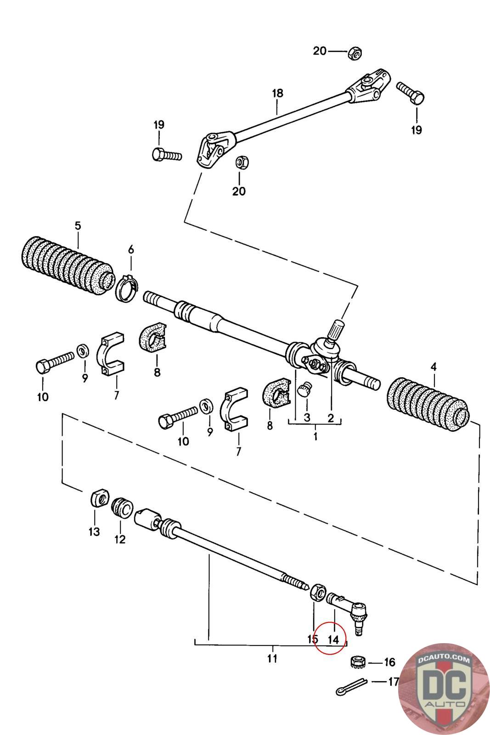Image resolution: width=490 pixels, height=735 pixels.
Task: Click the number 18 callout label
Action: [277, 93]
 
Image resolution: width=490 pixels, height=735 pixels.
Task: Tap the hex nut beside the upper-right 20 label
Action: [355, 53]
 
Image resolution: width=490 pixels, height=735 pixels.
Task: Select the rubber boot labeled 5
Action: [67, 266]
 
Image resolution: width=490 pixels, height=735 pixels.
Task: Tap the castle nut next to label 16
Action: [358, 661]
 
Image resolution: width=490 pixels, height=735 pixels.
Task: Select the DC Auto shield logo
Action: [444, 689]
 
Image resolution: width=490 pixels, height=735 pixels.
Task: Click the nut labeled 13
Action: [100, 498]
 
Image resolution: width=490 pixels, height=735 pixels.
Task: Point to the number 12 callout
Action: [120, 539]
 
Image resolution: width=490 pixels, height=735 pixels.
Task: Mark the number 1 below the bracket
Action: [315, 436]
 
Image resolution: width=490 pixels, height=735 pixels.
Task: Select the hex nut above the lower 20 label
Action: [242, 162]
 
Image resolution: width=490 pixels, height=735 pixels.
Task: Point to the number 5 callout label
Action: [78, 226]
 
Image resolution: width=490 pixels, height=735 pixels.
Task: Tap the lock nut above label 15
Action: [318, 592]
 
